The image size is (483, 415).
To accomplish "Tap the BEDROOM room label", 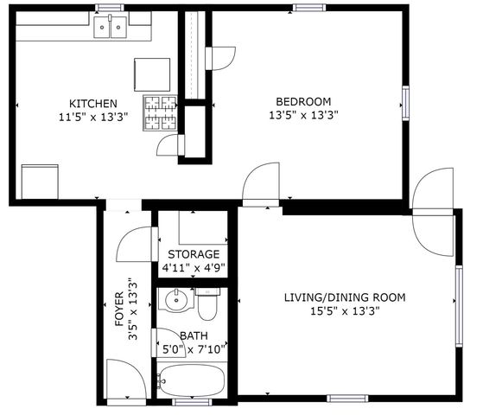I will click(303, 100).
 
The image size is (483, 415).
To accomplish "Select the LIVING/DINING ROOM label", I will click(345, 297).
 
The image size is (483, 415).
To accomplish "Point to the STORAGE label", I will click(194, 254).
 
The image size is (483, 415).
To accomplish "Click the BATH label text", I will click(194, 335).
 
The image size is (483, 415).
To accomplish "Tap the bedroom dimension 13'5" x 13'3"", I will click(303, 114).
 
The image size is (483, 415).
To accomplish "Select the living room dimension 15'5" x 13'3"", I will click(345, 311).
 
